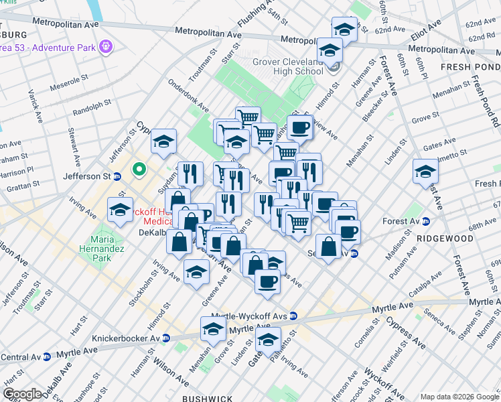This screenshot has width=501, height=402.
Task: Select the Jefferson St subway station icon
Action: pos(117,177)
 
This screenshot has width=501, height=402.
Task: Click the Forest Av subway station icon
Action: pos(425,222)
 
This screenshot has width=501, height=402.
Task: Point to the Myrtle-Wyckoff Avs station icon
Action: pos(293,316)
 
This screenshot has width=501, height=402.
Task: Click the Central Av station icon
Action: pos(46,357)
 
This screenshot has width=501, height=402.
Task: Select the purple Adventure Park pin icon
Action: pos(104,47)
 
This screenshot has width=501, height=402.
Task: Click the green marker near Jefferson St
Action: pos(139,170)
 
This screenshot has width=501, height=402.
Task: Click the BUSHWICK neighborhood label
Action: pos(208,397)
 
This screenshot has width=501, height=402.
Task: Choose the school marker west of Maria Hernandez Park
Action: pos(121,210)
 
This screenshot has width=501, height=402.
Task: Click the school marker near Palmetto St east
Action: pos(425,172)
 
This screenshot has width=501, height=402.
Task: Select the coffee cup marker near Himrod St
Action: pos(299,127)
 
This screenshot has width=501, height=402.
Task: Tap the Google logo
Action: pos(22,395)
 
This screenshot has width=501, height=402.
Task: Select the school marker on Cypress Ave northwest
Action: pos(163,141)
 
